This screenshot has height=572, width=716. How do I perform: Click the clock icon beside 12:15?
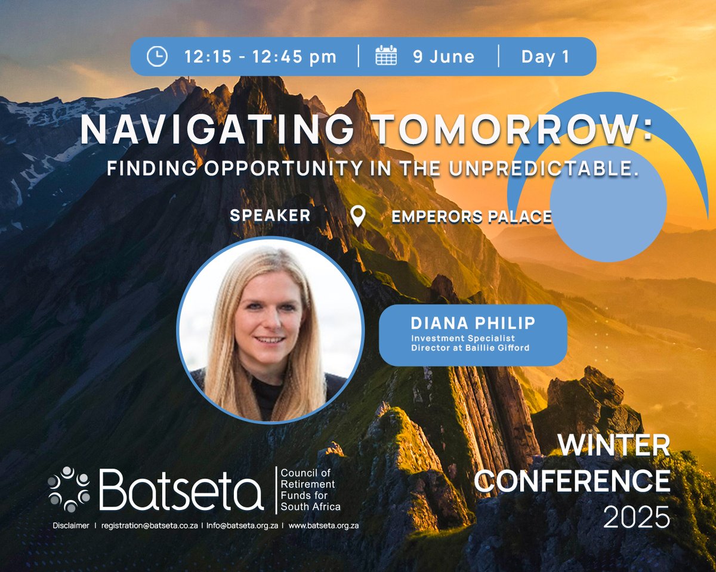[x=157, y=57]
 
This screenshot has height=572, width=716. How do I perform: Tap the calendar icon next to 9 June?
[x=386, y=57]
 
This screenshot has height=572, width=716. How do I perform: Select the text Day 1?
[x=545, y=57]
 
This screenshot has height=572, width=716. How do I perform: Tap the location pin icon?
[x=357, y=216]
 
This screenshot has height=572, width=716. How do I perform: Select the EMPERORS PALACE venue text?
[x=471, y=217]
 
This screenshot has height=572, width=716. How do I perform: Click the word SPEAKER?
[x=270, y=216]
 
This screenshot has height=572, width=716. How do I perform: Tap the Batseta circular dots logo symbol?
[x=69, y=489]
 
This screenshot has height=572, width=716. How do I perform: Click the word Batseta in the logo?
[x=181, y=489]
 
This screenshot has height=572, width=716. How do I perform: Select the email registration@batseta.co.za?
[x=149, y=526]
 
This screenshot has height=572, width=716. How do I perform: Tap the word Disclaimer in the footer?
[x=70, y=526]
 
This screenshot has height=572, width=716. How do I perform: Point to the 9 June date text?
[x=443, y=57]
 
